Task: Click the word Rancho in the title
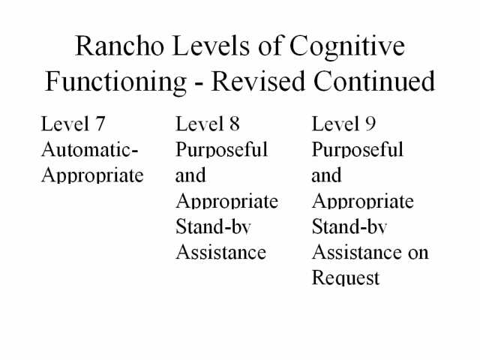click(119, 46)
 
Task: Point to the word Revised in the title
click(258, 81)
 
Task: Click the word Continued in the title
click(374, 81)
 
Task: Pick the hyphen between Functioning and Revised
click(199, 83)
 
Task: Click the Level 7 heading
click(73, 124)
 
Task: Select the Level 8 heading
click(208, 124)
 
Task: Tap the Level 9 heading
click(343, 124)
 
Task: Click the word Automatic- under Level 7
click(90, 149)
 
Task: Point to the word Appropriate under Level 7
click(92, 175)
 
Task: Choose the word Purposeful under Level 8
click(222, 149)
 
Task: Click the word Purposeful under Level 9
click(358, 149)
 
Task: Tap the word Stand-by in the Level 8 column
click(213, 226)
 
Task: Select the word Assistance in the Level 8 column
click(221, 252)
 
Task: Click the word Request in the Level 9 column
click(346, 277)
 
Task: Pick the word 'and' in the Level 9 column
click(326, 175)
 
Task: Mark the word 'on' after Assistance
click(418, 253)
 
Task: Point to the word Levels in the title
click(211, 46)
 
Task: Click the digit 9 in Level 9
click(370, 124)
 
